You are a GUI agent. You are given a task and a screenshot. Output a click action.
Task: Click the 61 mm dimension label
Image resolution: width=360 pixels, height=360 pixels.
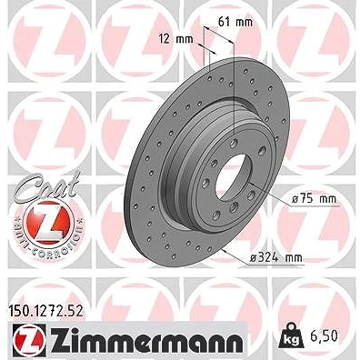pos(235,22)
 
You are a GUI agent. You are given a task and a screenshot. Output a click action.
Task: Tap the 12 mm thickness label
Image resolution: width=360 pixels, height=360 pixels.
pos(175,39)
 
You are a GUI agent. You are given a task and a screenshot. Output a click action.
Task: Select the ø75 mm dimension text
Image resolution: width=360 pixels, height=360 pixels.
pos(314,199)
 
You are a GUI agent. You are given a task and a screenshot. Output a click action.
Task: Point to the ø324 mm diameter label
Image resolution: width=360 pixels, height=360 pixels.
pos(276,258)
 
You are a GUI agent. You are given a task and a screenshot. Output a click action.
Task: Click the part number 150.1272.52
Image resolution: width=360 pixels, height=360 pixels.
pos(45,311)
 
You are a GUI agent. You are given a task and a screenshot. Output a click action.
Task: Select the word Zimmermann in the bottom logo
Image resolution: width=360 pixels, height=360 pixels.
pos(146,338)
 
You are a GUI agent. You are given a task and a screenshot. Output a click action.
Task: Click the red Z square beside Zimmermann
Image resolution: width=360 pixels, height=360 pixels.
pos(29,338)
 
